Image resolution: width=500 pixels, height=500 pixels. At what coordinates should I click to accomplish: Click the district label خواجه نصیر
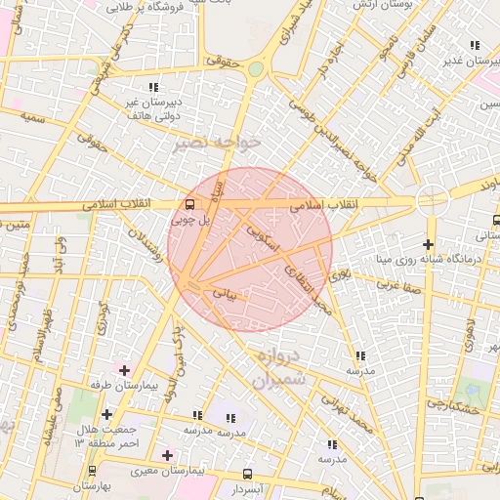[216, 143]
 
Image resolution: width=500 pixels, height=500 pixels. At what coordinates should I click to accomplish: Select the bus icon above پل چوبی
[188, 204]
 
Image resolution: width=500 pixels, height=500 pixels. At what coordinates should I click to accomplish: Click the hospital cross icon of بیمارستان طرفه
[124, 370]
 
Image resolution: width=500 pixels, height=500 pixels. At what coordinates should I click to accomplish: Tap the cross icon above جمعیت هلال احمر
[106, 415]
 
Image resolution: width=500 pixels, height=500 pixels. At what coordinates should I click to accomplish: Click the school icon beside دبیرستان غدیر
[475, 45]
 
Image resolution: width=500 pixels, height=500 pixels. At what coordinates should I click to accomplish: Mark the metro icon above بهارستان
[92, 471]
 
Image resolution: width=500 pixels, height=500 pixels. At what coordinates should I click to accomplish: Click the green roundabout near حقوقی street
[256, 69]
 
